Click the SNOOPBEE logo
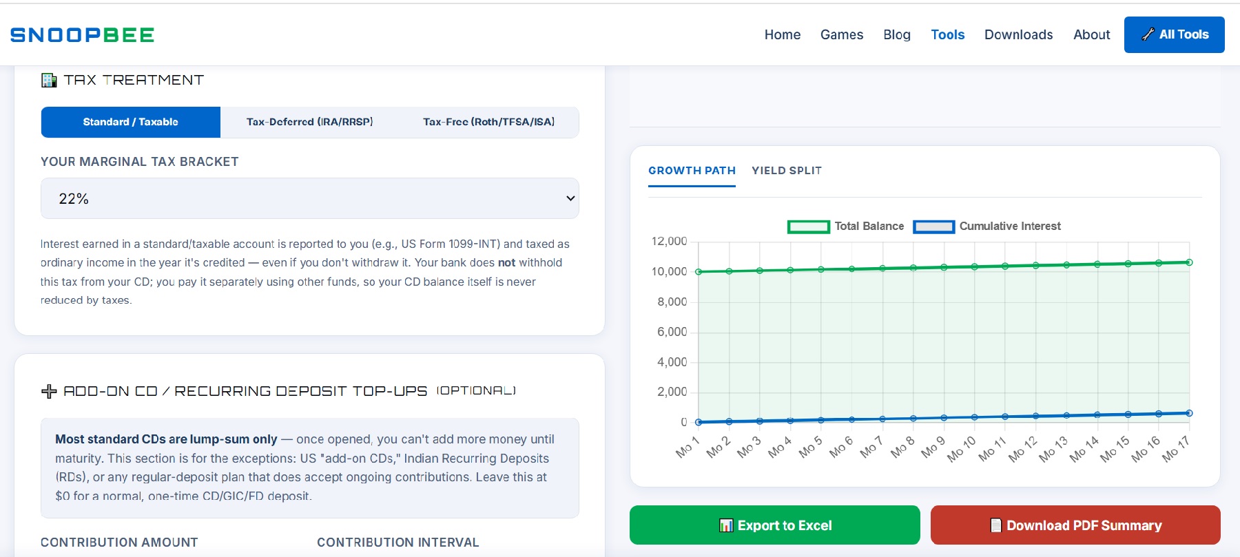pyautogui.click(x=82, y=35)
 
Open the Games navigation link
pyautogui.click(x=842, y=34)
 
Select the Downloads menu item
pyautogui.click(x=1018, y=34)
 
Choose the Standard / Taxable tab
pyautogui.click(x=131, y=122)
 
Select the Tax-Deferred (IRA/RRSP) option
pyautogui.click(x=310, y=122)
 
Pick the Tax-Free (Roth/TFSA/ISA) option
pyautogui.click(x=489, y=122)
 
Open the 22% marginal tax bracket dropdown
pyautogui.click(x=310, y=198)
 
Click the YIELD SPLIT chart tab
pyautogui.click(x=787, y=171)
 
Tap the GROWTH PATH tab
pyautogui.click(x=692, y=171)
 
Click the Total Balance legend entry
pyautogui.click(x=846, y=227)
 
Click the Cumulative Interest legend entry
pyautogui.click(x=987, y=227)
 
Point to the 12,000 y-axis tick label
pyautogui.click(x=669, y=241)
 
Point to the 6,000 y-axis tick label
pyautogui.click(x=672, y=332)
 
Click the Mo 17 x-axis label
pyautogui.click(x=1176, y=449)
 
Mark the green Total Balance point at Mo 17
pyautogui.click(x=1189, y=262)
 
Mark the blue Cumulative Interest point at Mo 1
pyautogui.click(x=699, y=422)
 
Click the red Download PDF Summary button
pyautogui.click(x=1075, y=525)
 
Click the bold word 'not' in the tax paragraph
pyautogui.click(x=507, y=262)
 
